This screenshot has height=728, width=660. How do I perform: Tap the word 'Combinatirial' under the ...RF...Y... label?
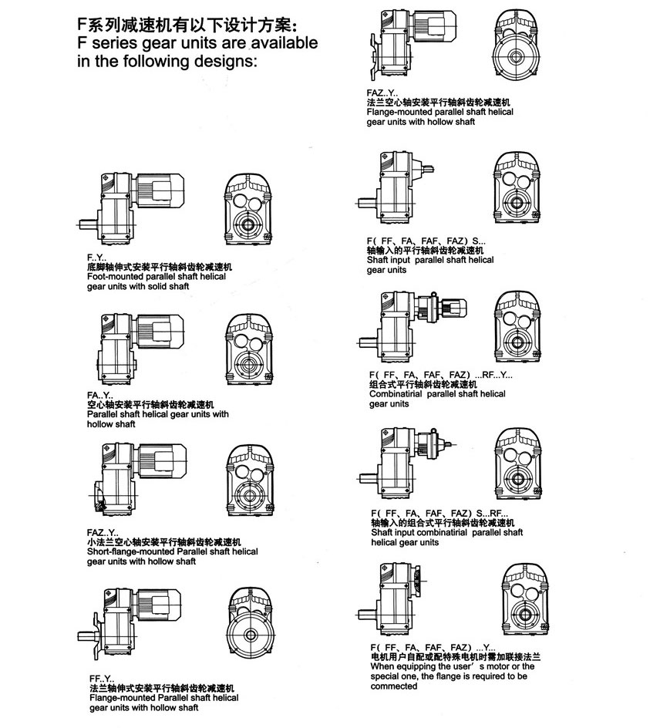396,393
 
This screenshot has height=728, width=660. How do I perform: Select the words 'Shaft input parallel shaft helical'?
430,260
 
